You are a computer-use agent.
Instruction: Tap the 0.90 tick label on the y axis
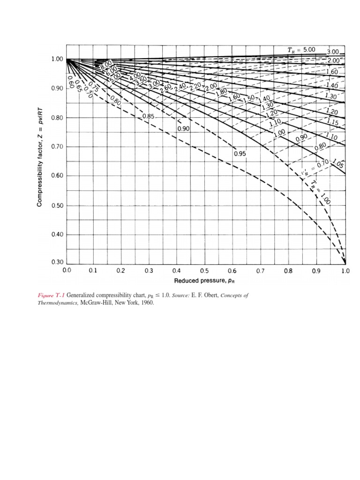(56, 88)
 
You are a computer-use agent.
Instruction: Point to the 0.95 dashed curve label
(240, 153)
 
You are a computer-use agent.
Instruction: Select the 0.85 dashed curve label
(149, 116)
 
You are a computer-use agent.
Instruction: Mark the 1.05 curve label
(337, 164)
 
